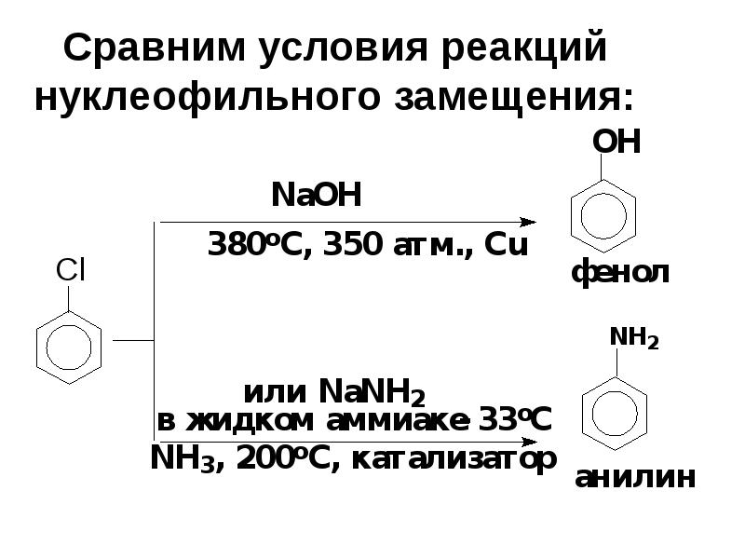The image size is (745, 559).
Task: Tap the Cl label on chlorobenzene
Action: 70,270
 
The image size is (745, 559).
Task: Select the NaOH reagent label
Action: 314,197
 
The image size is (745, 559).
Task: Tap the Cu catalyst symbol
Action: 507,247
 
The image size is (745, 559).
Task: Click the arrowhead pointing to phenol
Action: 528,223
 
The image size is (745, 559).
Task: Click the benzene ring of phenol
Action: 603,212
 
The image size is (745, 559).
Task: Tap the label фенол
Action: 619,275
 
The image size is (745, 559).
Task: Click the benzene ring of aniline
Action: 615,407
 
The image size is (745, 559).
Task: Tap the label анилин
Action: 635,478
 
